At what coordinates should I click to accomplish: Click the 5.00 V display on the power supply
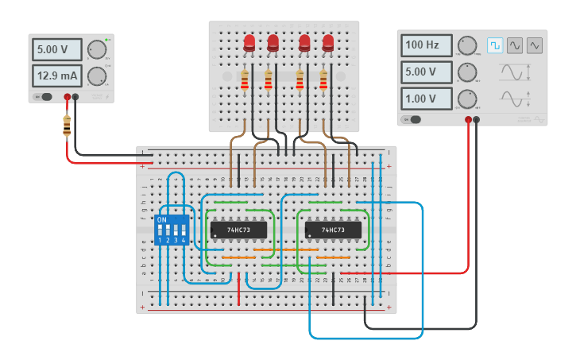click(x=56, y=49)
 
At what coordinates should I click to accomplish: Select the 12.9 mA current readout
click(x=56, y=75)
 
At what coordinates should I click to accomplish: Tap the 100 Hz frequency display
click(x=426, y=45)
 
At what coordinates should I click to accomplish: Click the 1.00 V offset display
click(x=426, y=99)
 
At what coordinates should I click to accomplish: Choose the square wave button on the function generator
click(x=495, y=45)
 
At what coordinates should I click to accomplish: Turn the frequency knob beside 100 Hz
click(x=467, y=45)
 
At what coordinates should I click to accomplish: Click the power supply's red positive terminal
click(x=68, y=98)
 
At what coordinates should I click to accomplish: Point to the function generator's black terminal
click(x=477, y=120)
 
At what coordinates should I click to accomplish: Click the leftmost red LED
click(x=249, y=43)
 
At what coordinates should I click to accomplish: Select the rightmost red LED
click(x=328, y=43)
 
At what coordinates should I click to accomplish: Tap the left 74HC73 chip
click(x=237, y=230)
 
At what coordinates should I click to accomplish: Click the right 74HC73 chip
click(x=334, y=230)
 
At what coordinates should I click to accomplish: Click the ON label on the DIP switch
click(x=162, y=219)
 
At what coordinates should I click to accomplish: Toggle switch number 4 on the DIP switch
click(x=184, y=230)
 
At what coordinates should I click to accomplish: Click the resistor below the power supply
click(x=66, y=125)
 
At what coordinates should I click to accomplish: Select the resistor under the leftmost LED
click(x=245, y=80)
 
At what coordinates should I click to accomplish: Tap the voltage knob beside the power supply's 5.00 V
click(x=97, y=49)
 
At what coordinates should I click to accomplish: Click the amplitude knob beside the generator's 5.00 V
click(x=467, y=72)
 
